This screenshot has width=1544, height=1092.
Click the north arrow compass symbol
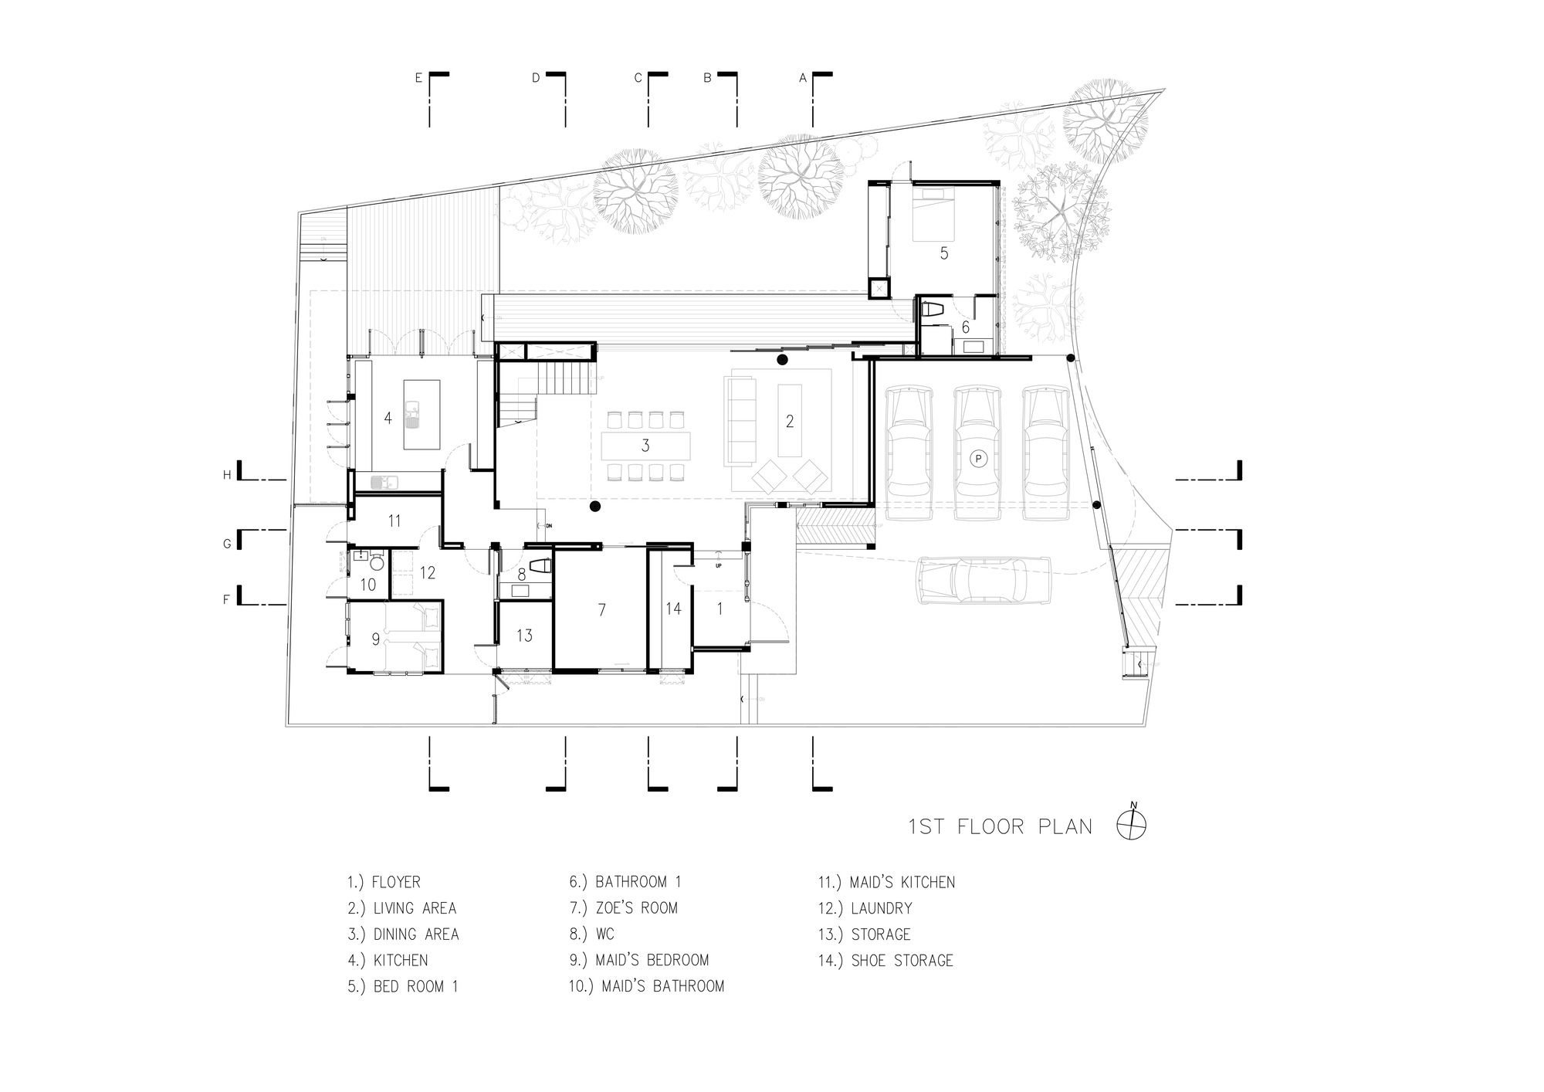click(1132, 826)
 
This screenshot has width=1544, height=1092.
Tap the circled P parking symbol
click(978, 459)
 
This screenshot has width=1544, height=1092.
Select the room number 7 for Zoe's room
click(602, 610)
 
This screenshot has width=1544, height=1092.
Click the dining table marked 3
click(645, 446)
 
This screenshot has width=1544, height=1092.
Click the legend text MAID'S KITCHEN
click(902, 882)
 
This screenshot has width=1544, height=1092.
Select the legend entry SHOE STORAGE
click(902, 961)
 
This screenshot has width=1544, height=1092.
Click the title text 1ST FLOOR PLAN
click(1001, 827)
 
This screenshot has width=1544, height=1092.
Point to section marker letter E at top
click(418, 78)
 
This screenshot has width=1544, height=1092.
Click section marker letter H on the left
click(227, 475)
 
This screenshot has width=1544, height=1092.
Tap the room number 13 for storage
click(525, 636)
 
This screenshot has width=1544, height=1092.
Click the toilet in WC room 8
click(542, 567)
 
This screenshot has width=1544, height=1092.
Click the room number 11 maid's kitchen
click(394, 521)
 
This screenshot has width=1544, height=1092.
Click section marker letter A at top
click(802, 78)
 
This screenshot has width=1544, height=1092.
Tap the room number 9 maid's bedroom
click(376, 639)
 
